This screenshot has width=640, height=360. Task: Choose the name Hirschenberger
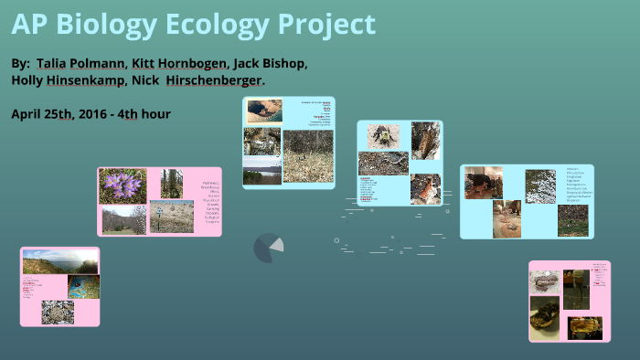(x=218, y=80)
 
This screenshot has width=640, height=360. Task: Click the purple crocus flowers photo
(x=123, y=185)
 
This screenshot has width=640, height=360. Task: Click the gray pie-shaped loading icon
(x=268, y=247)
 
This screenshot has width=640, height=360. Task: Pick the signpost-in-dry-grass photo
(x=171, y=217)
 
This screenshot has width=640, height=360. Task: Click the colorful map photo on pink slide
(x=83, y=287)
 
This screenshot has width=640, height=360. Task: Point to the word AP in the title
(x=28, y=25)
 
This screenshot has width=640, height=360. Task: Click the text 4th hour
(x=150, y=113)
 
